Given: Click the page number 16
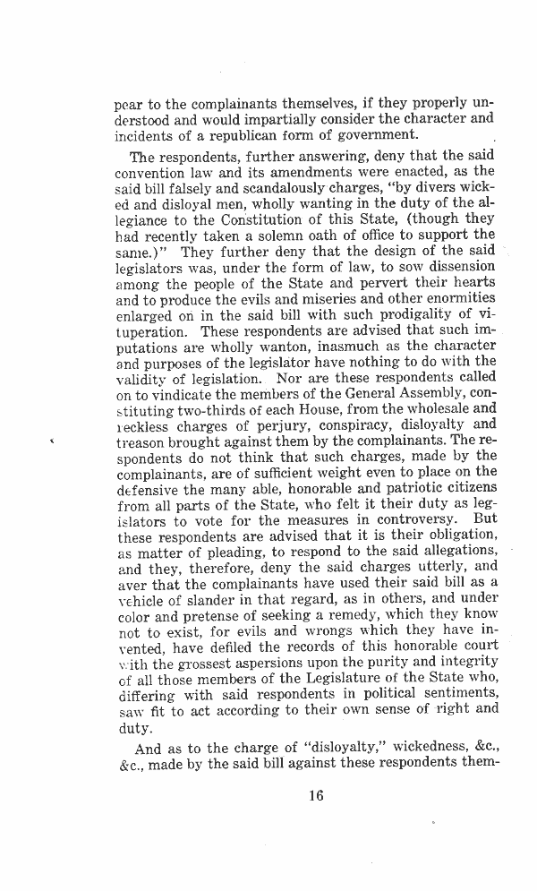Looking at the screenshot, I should pos(312,795).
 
